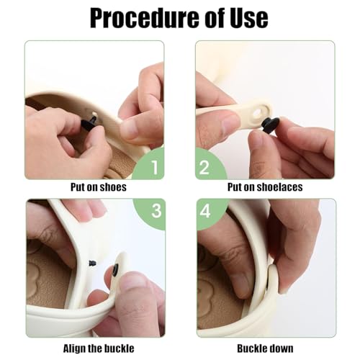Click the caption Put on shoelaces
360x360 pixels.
pyautogui.click(x=265, y=187)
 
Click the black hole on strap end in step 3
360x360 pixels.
pyautogui.click(x=115, y=271)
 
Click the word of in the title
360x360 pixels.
pyautogui.click(x=202, y=18)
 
